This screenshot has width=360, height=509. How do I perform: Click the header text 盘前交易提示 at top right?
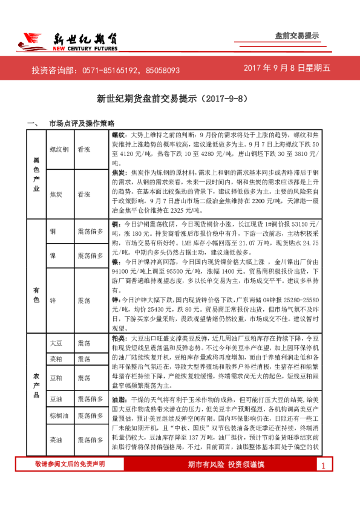tap(296, 36)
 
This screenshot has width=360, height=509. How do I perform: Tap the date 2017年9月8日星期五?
tap(287, 70)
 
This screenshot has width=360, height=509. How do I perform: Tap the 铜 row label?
tap(53, 232)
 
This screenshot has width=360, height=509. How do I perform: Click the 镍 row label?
tap(53, 256)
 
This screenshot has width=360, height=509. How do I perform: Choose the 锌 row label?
tap(53, 300)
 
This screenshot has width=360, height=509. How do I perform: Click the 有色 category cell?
tap(36, 282)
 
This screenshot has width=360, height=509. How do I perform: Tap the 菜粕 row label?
tap(56, 359)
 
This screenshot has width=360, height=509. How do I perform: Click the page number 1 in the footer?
tap(324, 482)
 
